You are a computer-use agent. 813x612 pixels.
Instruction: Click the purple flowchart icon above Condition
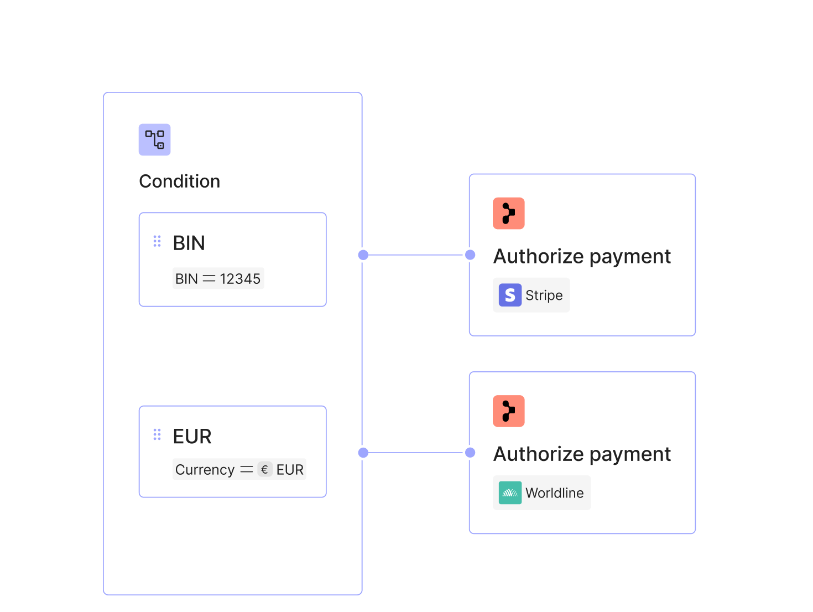pos(154,139)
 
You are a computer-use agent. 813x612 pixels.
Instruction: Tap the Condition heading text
pos(180,181)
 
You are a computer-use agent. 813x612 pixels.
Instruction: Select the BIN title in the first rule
pos(189,243)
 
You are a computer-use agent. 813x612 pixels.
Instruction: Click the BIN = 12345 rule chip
pos(218,278)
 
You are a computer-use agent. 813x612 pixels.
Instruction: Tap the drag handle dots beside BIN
pos(157,241)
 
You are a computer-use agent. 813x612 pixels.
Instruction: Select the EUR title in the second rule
pos(192,437)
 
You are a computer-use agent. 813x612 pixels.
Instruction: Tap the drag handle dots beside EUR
pos(157,434)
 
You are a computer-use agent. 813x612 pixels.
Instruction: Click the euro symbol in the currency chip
pos(265,469)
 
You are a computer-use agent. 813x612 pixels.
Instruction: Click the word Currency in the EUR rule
pos(205,470)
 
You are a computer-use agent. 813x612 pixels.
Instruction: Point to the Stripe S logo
pos(510,295)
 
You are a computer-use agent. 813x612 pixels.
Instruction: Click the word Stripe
pos(544,295)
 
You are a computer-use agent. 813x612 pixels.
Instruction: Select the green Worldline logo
pos(510,492)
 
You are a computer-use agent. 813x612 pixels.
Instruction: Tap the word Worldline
pos(555,493)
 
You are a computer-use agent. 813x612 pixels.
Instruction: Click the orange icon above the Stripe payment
pos(509,214)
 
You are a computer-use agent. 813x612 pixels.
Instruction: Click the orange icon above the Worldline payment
pos(509,411)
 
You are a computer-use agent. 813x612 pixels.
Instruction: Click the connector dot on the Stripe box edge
pos(470,255)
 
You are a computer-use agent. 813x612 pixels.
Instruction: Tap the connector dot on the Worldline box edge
pos(470,453)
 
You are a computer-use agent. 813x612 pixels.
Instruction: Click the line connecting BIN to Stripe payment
pos(416,255)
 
